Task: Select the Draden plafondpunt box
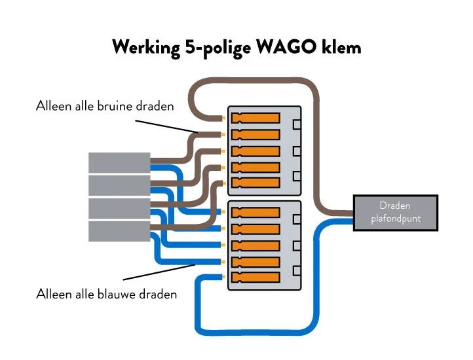(x=395, y=212)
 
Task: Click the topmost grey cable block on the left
(x=119, y=163)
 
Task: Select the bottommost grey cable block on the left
(x=119, y=231)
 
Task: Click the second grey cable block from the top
(x=119, y=186)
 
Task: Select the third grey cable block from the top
(x=119, y=209)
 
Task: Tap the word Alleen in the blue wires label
(x=53, y=294)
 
